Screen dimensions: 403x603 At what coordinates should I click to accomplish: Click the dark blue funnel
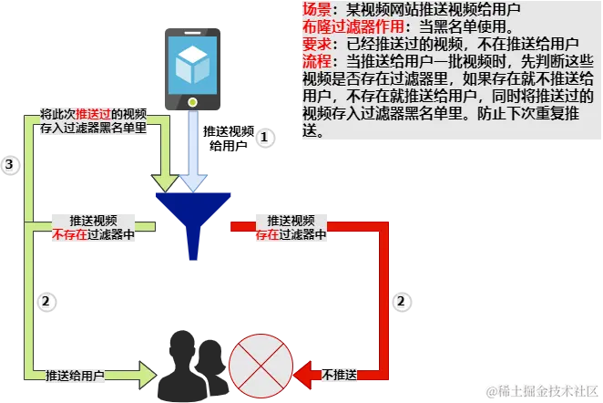[193, 214]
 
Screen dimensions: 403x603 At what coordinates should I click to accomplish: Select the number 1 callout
[264, 137]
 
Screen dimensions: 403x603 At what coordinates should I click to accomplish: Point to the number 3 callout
[10, 164]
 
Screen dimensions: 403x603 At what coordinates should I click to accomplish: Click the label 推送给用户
[75, 376]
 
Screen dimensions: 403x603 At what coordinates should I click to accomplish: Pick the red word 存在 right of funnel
[268, 234]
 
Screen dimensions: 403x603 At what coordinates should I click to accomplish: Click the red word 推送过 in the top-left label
[94, 115]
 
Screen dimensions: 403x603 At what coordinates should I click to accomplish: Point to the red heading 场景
[314, 8]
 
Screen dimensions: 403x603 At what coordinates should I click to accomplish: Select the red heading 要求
[314, 44]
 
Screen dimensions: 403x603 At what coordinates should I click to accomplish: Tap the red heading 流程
[314, 61]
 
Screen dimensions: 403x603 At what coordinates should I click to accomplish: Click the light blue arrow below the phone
[193, 150]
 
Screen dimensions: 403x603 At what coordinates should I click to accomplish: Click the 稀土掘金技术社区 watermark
[543, 391]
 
